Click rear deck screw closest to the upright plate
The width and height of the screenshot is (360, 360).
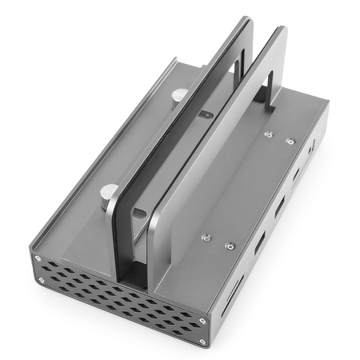(268, 134)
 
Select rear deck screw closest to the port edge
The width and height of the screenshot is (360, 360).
(290, 142)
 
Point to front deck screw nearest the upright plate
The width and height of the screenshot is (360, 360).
(206, 238)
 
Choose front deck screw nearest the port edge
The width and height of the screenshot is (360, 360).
(230, 246)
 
